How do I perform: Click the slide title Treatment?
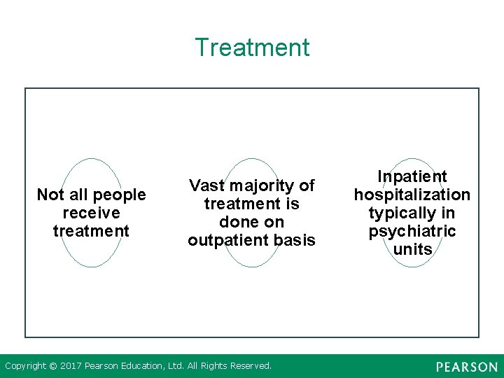[252, 48]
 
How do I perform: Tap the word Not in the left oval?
[50, 195]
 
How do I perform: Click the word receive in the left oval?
[91, 213]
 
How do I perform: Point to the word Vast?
[206, 185]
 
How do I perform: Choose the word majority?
[261, 185]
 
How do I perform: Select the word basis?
[296, 240]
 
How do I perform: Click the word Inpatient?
[412, 176]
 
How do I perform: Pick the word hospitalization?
[412, 195]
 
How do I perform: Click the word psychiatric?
[412, 231]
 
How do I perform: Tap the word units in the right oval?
[412, 249]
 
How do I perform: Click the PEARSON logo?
[467, 367]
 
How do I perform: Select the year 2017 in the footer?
[72, 365]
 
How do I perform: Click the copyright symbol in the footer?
[54, 365]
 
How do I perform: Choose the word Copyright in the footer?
[27, 365]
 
